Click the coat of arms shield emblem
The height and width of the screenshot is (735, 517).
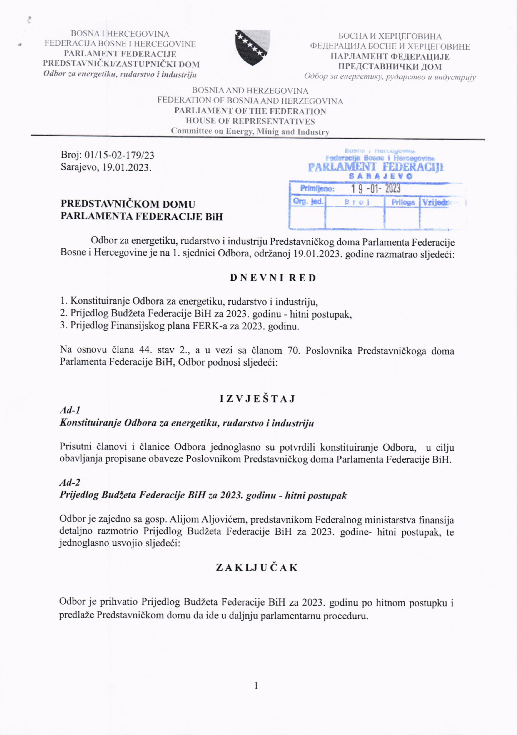(x=252, y=47)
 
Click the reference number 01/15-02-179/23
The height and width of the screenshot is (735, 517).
(x=119, y=155)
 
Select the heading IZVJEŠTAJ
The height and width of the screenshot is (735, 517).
(x=257, y=399)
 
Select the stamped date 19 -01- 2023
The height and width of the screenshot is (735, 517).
(x=375, y=189)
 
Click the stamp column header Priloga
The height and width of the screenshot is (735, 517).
(x=403, y=202)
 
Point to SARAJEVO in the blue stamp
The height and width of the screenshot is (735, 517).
(x=380, y=176)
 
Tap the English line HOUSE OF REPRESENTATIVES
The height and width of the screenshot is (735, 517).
(x=250, y=121)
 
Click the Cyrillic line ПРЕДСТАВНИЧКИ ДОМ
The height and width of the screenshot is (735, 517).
(x=390, y=67)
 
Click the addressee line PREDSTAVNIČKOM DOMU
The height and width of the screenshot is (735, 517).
(x=128, y=204)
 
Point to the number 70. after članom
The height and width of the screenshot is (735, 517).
(x=294, y=351)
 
